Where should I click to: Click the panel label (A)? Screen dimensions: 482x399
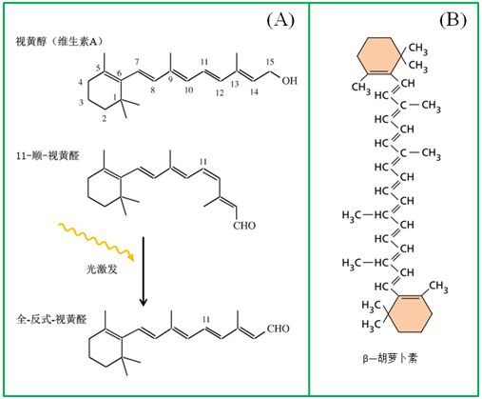click(280, 20)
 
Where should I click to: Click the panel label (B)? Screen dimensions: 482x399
click(453, 20)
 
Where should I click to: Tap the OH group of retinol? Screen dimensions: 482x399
click(290, 81)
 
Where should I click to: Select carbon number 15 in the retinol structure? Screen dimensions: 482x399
click(270, 62)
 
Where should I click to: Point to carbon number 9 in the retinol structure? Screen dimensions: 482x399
click(170, 79)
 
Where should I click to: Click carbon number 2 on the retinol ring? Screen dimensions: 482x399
click(104, 118)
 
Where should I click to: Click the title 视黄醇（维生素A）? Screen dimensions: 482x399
click(60, 42)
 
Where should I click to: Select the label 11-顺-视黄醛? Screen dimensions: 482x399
click(48, 155)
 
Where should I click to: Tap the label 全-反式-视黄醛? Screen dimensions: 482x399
click(51, 319)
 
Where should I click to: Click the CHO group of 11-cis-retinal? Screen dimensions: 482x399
click(244, 226)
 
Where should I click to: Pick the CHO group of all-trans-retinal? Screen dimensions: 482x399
click(278, 329)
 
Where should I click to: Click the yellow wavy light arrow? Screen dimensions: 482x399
click(97, 242)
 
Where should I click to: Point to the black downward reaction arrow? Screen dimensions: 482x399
click(144, 271)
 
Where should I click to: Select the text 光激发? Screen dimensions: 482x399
click(102, 269)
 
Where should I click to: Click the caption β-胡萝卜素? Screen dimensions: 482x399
click(390, 358)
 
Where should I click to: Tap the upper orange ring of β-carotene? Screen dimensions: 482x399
click(379, 55)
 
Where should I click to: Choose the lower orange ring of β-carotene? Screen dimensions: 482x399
click(410, 313)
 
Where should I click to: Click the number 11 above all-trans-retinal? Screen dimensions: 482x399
click(206, 319)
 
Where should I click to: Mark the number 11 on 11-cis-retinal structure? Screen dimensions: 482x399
click(203, 162)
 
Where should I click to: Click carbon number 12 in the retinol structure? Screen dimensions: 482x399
click(220, 92)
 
